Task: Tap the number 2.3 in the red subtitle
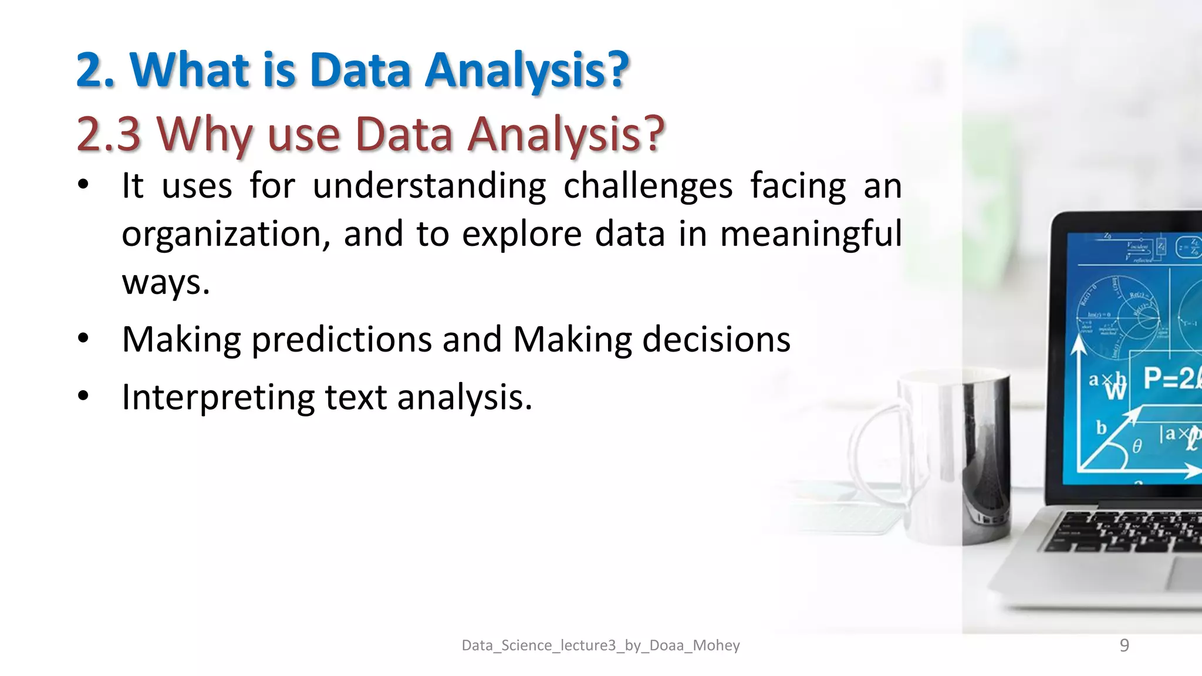[x=109, y=134]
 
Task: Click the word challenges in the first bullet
[x=648, y=187]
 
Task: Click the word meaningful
[x=811, y=234]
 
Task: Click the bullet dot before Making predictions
[x=83, y=339]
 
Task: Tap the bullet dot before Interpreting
[x=83, y=396]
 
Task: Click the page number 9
[x=1124, y=645]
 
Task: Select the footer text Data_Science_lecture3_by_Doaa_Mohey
[x=600, y=645]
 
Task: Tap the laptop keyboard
[x=1127, y=531]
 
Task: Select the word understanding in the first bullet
[x=429, y=187]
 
